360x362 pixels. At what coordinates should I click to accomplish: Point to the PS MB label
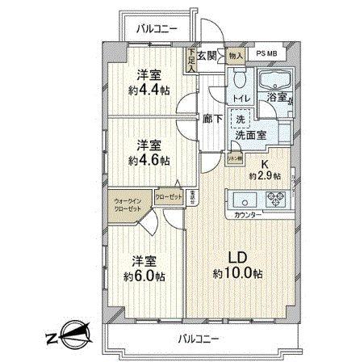pos(269,55)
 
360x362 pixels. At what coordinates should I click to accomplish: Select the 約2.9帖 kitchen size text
pos(264,175)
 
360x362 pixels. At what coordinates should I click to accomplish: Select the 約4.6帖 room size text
pos(150,160)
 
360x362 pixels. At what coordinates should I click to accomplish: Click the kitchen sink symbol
pos(242,199)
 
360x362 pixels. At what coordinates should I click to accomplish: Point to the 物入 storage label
pos(235,55)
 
